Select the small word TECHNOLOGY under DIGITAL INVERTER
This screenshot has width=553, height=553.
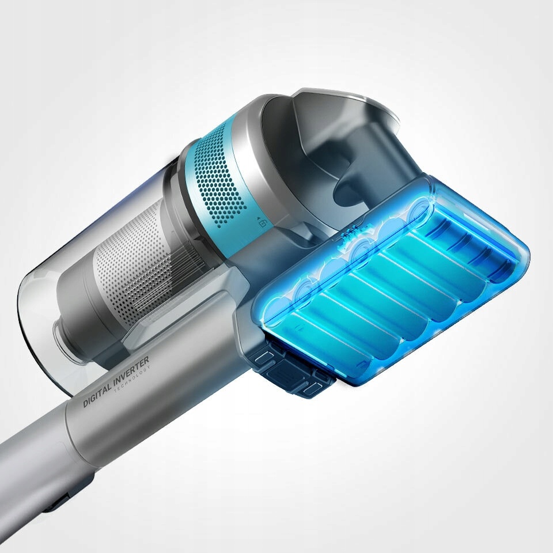pyautogui.click(x=132, y=379)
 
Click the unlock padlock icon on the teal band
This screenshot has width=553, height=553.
pyautogui.click(x=263, y=224)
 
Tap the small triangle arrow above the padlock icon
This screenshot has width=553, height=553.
pyautogui.click(x=259, y=218)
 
